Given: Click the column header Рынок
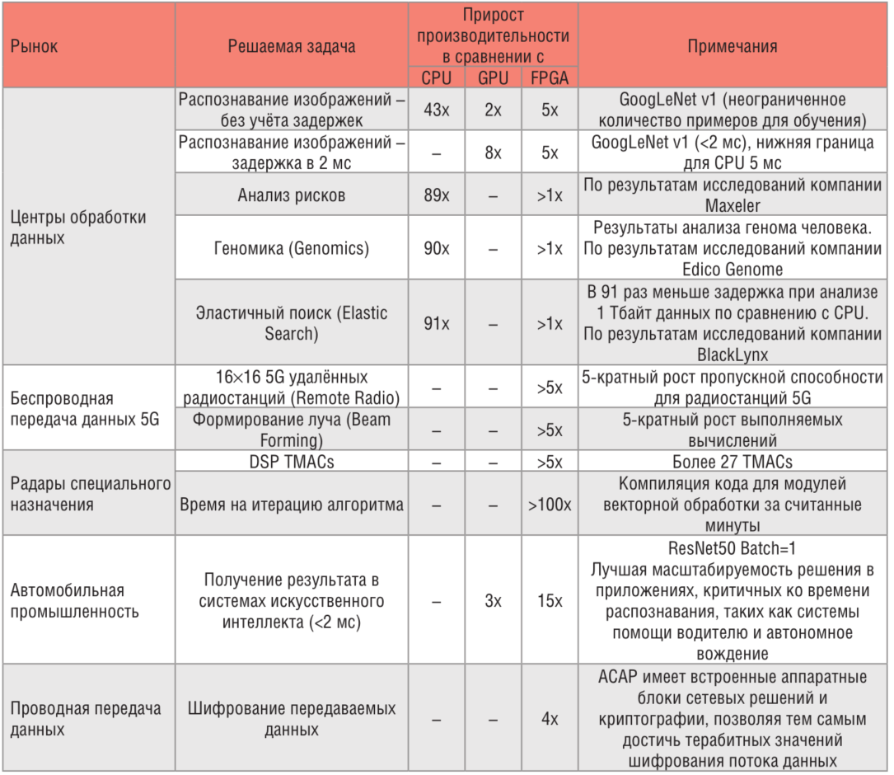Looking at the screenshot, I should (x=35, y=46).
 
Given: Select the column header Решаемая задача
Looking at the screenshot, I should (x=292, y=46).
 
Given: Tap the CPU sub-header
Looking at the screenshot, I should (x=436, y=78).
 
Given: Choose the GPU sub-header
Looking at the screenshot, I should (x=493, y=78).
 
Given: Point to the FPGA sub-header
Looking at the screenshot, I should (x=550, y=78).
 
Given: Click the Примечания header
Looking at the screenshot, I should (x=733, y=46).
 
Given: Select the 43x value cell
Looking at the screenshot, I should (x=436, y=110).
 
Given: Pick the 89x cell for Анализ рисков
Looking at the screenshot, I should (x=436, y=195).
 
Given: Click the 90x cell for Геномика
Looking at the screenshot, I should (x=436, y=248).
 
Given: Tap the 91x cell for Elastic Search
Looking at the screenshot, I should (x=436, y=323).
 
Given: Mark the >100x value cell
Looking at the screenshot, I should (x=550, y=504).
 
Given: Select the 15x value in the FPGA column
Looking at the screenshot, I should (x=550, y=601).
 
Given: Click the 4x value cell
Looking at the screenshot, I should (x=550, y=719).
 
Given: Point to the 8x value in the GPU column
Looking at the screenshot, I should (x=493, y=153).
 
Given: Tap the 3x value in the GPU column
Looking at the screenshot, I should (x=493, y=601).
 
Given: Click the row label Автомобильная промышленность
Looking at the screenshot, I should (x=68, y=601).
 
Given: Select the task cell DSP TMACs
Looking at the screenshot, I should (x=292, y=462).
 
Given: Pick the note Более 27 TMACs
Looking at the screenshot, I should (x=733, y=462).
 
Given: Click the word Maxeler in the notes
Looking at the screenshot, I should (x=733, y=205).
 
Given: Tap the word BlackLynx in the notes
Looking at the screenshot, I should (x=733, y=355).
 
